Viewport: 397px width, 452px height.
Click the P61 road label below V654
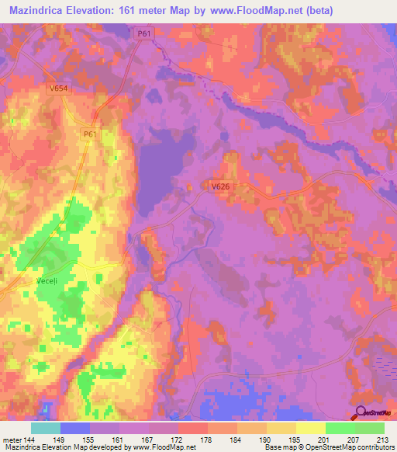coord(90,134)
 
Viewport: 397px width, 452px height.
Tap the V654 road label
coord(57,89)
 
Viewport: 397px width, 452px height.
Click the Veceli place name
coord(48,280)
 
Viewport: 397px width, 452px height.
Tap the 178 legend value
coord(206,440)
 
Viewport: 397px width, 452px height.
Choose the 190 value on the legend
coord(264,440)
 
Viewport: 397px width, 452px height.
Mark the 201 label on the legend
coord(323,440)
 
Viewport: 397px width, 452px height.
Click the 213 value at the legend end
coord(382,440)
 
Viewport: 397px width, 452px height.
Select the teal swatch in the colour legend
coord(46,427)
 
